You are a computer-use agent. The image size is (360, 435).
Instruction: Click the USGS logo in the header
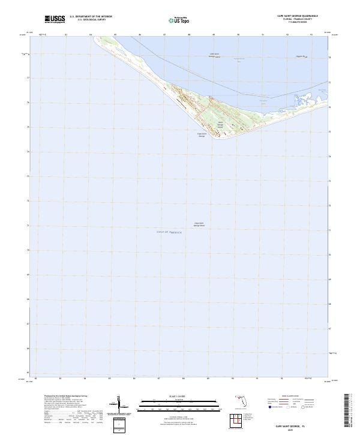click(x=54, y=19)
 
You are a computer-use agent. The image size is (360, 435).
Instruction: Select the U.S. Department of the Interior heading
click(x=91, y=17)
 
